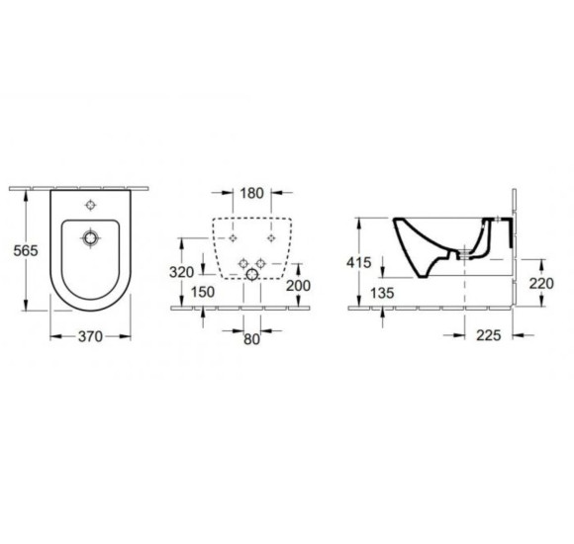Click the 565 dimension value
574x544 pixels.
pos(25,250)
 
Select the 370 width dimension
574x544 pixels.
pos(90,337)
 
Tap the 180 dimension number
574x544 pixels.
pos(251,192)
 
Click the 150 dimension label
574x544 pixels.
pos(203,292)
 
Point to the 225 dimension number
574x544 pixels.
pos(485,336)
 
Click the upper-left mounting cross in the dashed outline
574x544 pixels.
pos(232,239)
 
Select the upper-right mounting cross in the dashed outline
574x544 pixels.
pos(271,239)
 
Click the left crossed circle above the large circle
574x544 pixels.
pos(241,260)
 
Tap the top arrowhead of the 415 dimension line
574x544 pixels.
pos(360,219)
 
